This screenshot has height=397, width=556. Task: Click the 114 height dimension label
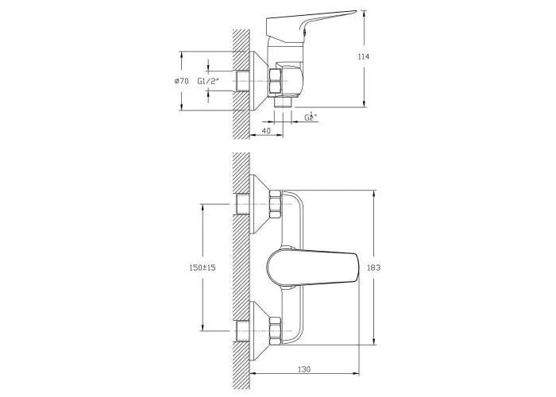coord(364,56)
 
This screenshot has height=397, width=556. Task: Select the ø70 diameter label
coord(182,81)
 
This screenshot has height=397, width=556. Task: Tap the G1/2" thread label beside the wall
coord(208,81)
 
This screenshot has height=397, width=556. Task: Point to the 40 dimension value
coord(266,130)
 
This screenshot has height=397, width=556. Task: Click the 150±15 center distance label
coord(203,268)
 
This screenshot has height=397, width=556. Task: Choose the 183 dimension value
coord(373,268)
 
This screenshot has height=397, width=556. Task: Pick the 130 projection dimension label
coord(304,369)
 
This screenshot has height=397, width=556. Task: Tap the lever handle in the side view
coord(311,26)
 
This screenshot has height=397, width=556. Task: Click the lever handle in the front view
coord(312,268)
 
